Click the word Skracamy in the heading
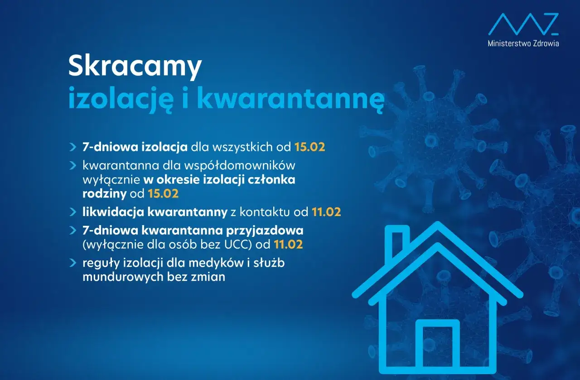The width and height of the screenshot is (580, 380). click(x=135, y=67)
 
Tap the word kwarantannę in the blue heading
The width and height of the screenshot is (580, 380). click(x=290, y=99)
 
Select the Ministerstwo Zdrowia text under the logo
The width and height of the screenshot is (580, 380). click(x=523, y=43)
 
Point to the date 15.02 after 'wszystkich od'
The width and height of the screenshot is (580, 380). click(x=310, y=147)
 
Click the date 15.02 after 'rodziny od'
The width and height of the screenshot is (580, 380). click(x=163, y=194)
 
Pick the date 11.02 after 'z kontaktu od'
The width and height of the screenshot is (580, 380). click(x=326, y=212)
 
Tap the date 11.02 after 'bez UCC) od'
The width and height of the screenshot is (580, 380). click(x=288, y=245)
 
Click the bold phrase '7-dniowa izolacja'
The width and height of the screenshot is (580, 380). click(x=135, y=147)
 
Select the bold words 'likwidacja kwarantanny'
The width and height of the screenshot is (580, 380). click(x=155, y=212)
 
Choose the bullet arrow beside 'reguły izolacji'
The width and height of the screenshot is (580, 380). click(x=72, y=263)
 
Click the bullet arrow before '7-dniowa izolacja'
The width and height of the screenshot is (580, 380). click(x=72, y=147)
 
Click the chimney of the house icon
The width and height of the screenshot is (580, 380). click(x=396, y=245)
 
